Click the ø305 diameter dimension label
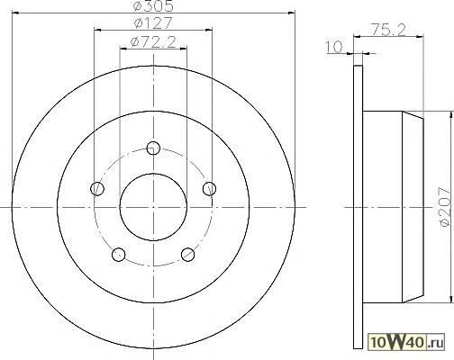(153, 6)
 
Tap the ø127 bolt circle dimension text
(153, 23)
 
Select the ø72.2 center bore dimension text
(153, 42)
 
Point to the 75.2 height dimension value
(389, 30)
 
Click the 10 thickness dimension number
(334, 48)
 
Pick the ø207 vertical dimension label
(445, 207)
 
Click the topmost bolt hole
(153, 148)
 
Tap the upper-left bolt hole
(97, 189)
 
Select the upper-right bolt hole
(209, 189)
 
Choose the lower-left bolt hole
(119, 255)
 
